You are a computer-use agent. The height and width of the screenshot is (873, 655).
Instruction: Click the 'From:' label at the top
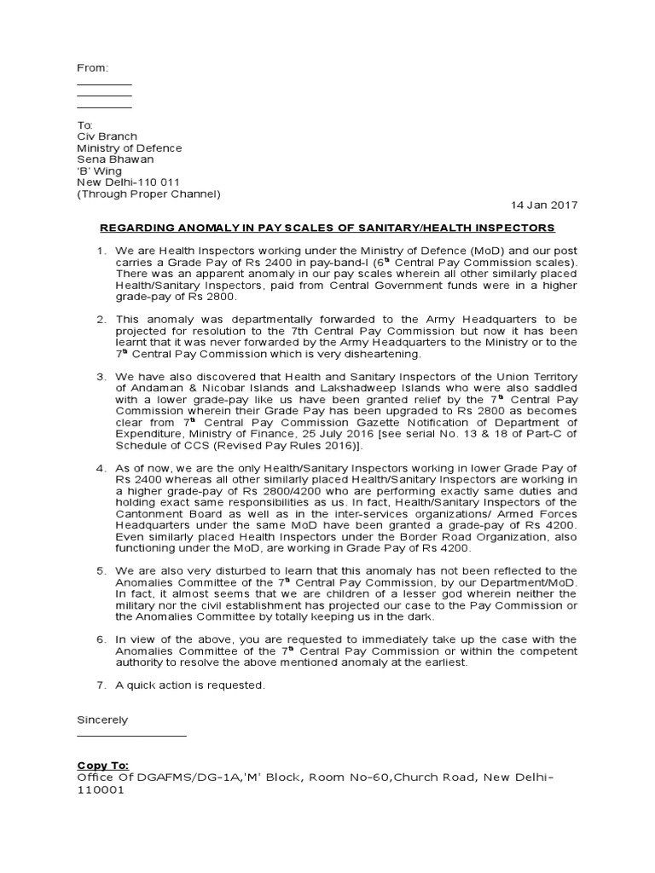(x=93, y=67)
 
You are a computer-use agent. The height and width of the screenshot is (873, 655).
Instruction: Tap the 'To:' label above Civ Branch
(x=85, y=125)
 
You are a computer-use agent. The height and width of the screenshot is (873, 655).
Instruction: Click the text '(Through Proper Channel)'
(x=148, y=194)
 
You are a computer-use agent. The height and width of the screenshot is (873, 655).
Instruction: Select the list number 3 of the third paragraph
(x=100, y=377)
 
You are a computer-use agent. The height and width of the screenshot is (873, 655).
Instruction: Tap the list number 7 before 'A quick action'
(x=100, y=685)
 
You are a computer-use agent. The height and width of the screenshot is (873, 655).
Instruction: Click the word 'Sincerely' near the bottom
(x=102, y=720)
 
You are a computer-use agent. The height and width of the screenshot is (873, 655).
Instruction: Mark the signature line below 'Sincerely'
(x=131, y=734)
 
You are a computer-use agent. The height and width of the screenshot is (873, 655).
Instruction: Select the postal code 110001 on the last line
(x=101, y=790)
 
